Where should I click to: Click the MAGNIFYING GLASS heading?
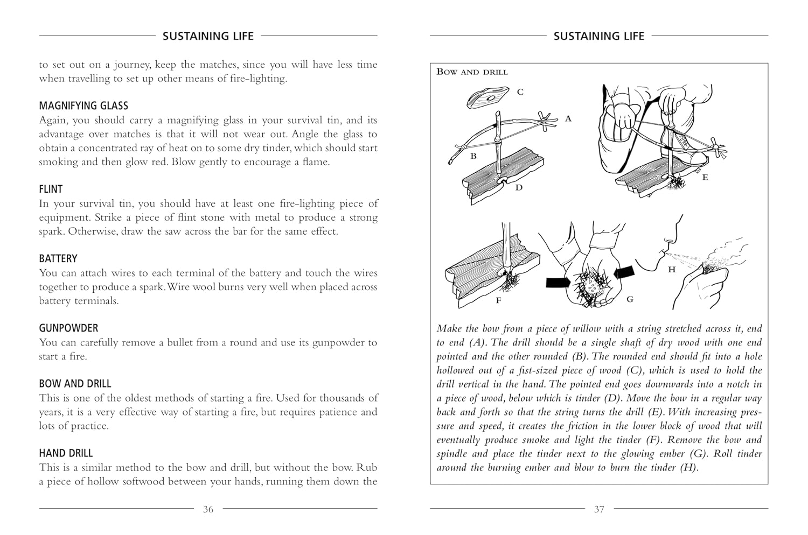click(83, 105)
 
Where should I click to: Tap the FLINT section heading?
click(51, 189)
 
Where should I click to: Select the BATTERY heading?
click(58, 258)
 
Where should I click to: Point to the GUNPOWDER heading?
click(68, 328)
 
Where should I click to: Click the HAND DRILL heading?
click(66, 453)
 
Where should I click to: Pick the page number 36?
click(208, 509)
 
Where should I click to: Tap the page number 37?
click(599, 509)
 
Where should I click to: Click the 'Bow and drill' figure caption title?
click(472, 72)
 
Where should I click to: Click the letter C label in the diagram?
click(520, 92)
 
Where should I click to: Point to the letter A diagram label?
click(568, 118)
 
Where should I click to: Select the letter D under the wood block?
click(518, 188)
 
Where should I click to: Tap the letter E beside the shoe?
click(705, 177)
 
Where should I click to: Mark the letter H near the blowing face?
click(672, 270)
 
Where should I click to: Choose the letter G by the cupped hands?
click(630, 299)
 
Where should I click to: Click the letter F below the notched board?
click(498, 301)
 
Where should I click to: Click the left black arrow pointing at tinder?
click(561, 283)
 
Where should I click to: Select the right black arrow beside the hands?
click(624, 270)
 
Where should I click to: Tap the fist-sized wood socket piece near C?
click(488, 98)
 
